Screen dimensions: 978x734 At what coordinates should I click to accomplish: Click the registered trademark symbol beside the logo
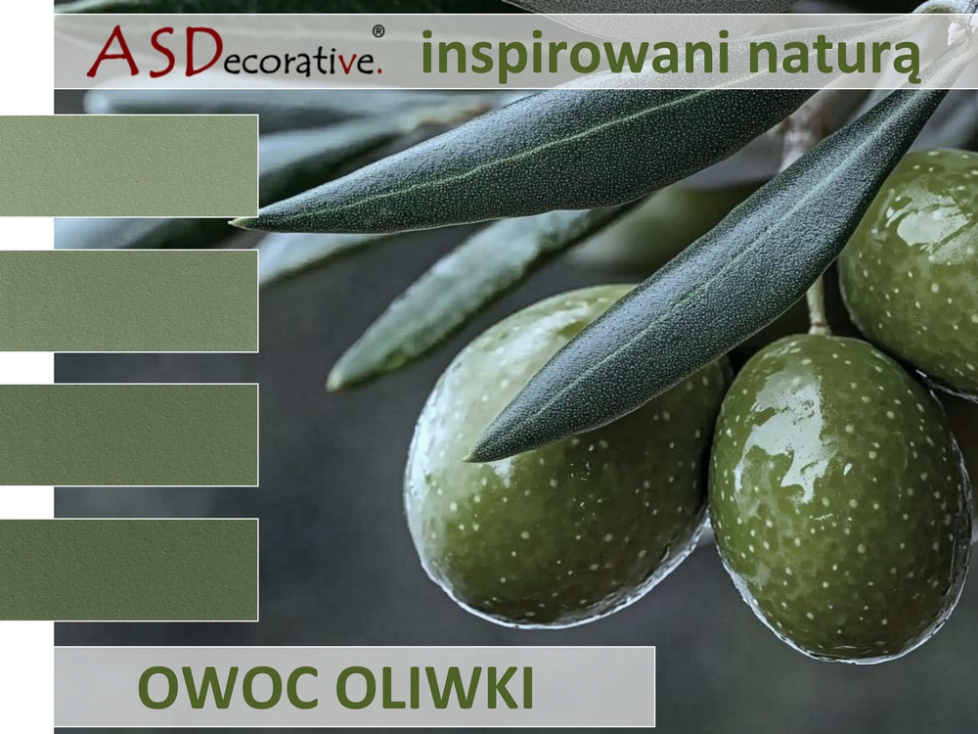378,31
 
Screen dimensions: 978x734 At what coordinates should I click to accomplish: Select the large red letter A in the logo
112,52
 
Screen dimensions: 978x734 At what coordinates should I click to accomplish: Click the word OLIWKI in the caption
435,687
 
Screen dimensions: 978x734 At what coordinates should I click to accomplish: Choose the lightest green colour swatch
128,165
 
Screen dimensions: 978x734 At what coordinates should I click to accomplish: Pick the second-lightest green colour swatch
128,300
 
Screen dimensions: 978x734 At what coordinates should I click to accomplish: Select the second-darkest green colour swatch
128,435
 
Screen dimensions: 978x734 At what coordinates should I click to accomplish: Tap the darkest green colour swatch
128,570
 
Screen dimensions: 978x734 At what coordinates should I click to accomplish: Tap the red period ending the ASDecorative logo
378,71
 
